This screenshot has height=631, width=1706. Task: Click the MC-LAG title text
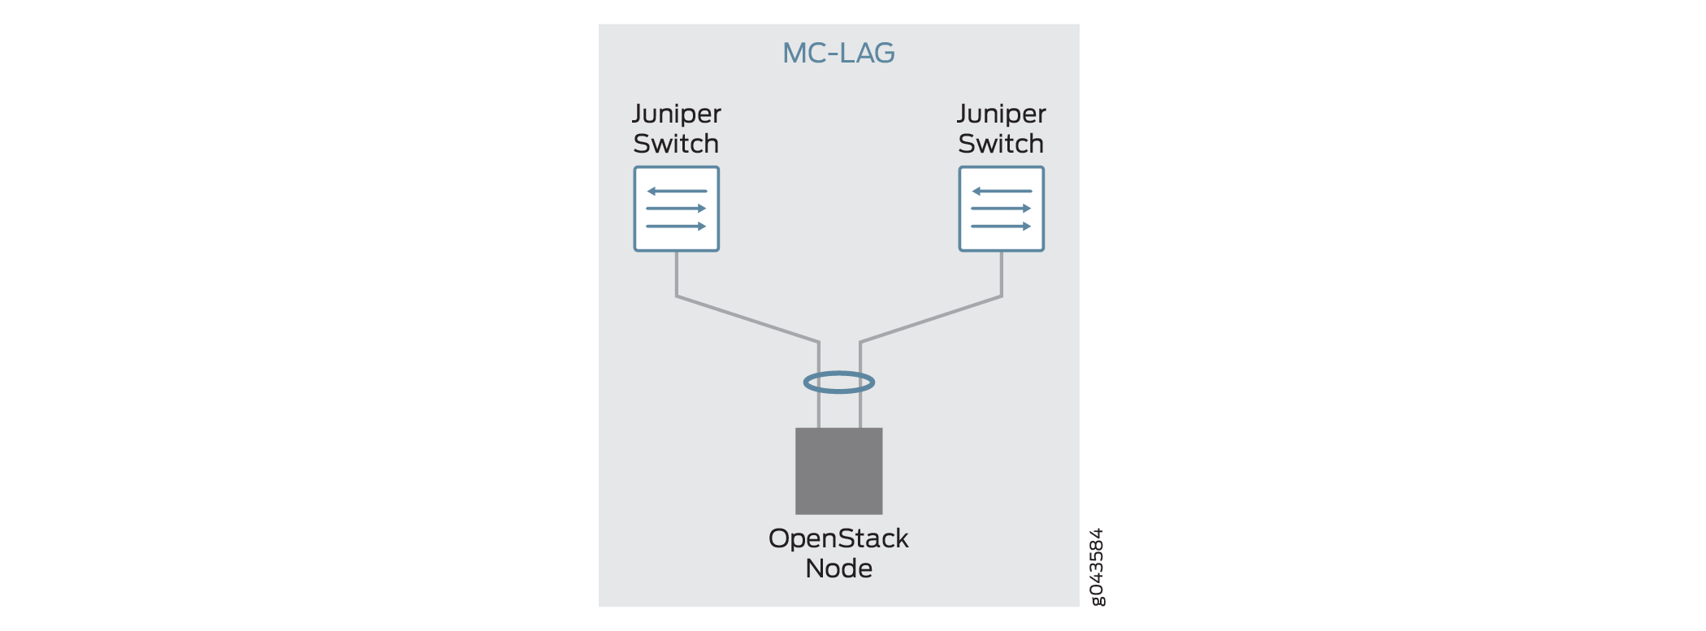pos(838,54)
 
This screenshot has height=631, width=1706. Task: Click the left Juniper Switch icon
pos(677,209)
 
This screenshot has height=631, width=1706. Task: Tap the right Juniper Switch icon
pos(1001,209)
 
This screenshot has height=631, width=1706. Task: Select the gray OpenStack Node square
pos(838,471)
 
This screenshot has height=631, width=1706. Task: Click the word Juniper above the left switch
pos(677,115)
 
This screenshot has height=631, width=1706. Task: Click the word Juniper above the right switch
pos(1001,115)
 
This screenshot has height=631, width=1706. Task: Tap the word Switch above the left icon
pos(676,144)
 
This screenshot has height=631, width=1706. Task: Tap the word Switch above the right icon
pos(1001,144)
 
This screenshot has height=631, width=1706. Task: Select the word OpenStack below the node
pos(838,538)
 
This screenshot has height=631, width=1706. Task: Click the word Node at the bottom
pos(838,568)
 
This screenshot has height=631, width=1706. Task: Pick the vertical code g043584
pos(1097,567)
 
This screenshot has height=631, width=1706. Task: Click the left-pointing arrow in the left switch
pos(677,192)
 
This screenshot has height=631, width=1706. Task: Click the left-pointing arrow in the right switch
pos(1002,192)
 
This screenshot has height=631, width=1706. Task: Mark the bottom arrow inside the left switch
pos(676,227)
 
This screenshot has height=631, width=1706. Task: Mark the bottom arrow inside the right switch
pos(1001,227)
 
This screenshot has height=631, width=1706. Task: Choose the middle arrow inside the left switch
pos(676,209)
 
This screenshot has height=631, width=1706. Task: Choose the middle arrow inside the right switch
pos(1001,209)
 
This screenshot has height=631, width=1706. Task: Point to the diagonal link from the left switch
pos(747,319)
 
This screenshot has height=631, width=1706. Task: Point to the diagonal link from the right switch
pos(931,319)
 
